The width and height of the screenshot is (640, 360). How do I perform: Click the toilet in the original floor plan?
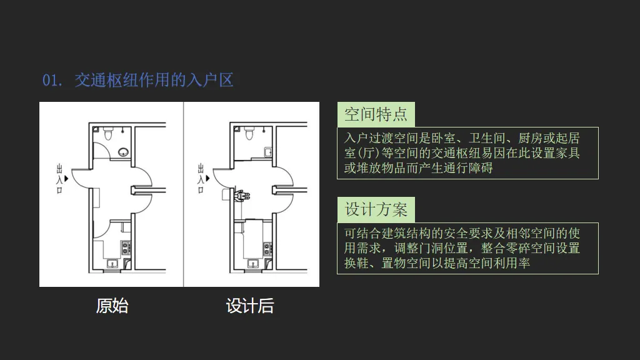(108, 133)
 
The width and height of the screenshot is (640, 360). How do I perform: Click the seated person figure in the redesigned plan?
(239, 194)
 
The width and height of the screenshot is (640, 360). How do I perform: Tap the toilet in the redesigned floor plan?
(249, 133)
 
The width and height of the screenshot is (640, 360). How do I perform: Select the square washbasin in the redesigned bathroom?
(267, 151)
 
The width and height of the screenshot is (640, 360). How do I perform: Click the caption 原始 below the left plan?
(112, 306)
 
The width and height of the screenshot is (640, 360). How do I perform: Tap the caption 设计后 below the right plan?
(250, 306)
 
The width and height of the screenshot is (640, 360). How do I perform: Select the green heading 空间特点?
(376, 114)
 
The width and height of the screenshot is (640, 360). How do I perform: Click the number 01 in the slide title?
(50, 81)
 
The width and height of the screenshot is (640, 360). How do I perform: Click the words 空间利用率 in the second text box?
(499, 263)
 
